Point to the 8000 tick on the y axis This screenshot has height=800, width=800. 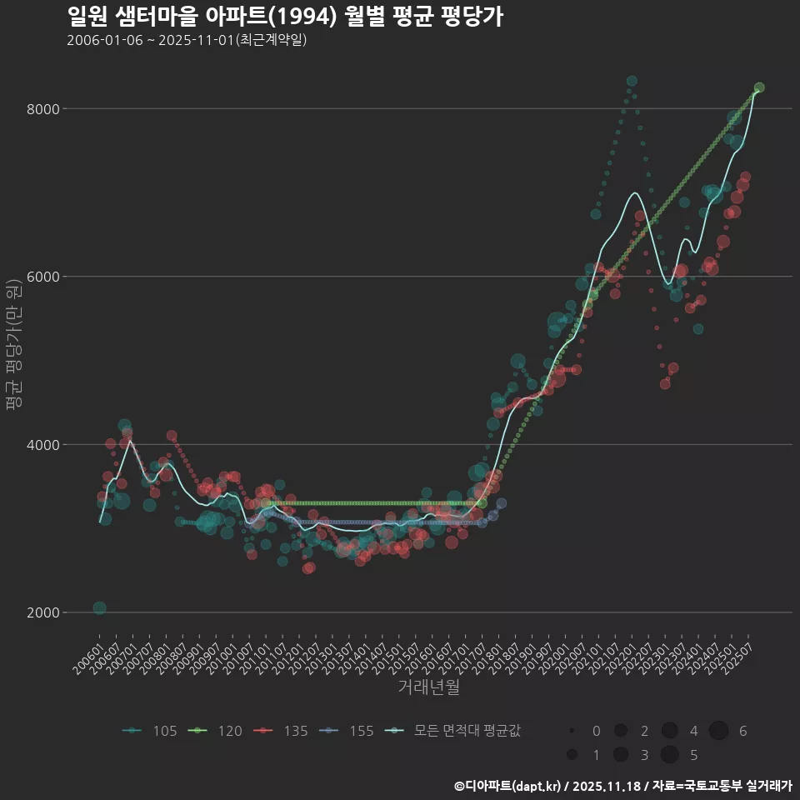point(42,108)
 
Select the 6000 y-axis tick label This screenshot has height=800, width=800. point(42,277)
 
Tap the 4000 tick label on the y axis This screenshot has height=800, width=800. point(42,444)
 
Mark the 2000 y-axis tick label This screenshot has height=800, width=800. point(42,612)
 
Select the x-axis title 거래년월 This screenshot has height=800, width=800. point(429,687)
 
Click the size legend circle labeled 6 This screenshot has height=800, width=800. point(718,731)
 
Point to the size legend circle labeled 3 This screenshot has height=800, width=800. point(620,755)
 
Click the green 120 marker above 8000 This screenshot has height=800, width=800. point(759,87)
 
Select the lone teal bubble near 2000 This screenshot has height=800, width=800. point(99,608)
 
